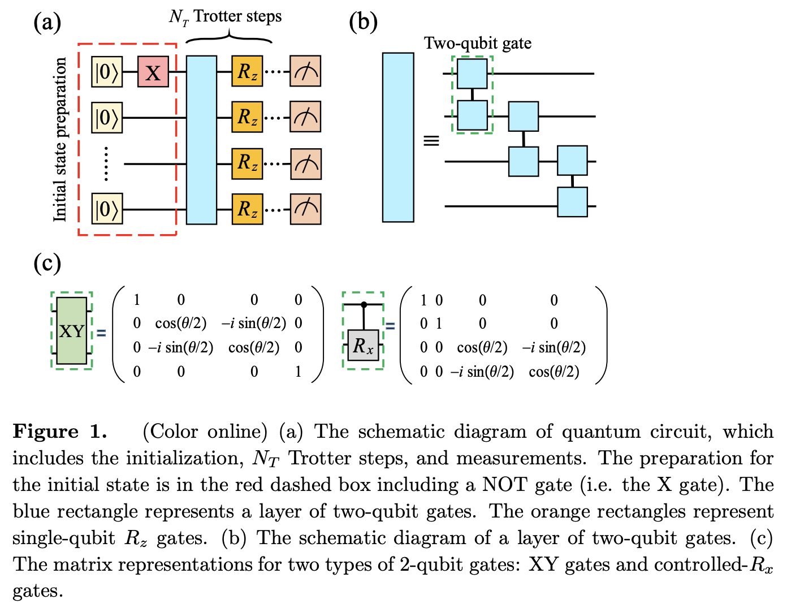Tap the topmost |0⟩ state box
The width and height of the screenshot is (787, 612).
(x=107, y=72)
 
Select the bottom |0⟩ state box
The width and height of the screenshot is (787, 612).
(x=107, y=209)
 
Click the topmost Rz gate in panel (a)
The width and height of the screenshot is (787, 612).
(x=247, y=71)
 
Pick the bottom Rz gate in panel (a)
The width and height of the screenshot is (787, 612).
(x=247, y=209)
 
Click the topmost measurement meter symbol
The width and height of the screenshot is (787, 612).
(x=305, y=71)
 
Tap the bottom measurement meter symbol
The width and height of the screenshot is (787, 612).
(x=305, y=209)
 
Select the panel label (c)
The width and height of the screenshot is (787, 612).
(x=47, y=263)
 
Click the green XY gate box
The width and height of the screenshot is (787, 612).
(x=72, y=331)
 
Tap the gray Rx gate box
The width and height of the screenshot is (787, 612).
(x=363, y=345)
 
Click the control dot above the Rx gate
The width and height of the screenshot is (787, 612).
(x=364, y=305)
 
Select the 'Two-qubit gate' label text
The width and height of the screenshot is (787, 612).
(x=478, y=44)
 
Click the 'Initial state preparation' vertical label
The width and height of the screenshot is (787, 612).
(x=60, y=140)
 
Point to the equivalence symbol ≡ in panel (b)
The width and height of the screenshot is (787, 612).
(x=431, y=140)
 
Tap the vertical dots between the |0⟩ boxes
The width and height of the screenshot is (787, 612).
(x=106, y=163)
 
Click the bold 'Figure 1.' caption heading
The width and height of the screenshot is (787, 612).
(x=60, y=432)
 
